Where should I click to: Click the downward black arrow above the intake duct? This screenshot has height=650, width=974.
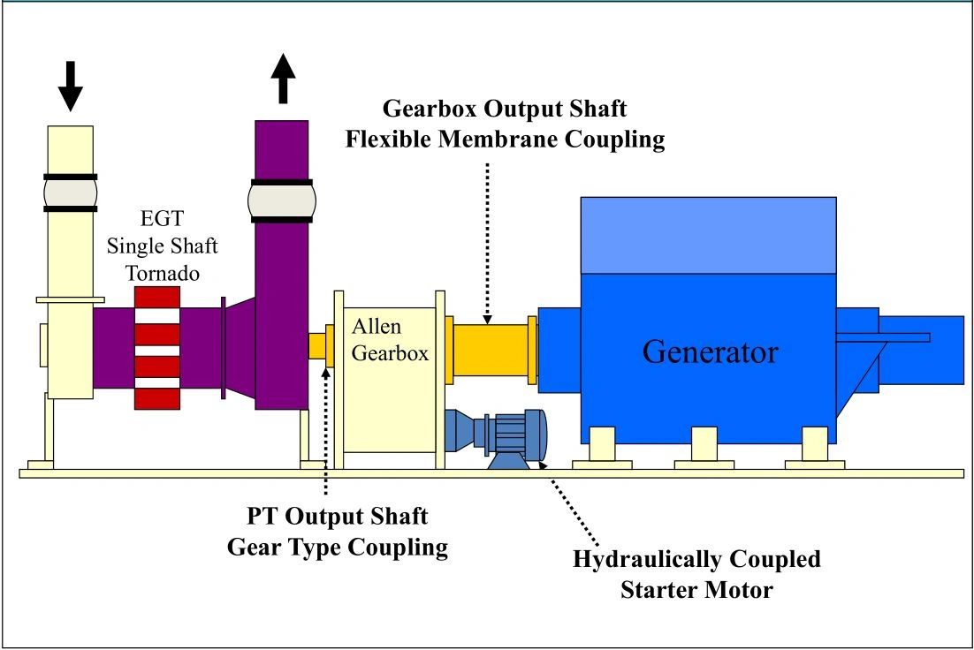pos(72,86)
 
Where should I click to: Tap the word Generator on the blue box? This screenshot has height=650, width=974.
pos(710,351)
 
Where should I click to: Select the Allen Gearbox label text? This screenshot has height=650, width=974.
pos(390,340)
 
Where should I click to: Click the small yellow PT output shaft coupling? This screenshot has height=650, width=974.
pos(317,345)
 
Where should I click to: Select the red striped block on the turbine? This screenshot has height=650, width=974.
pos(156,347)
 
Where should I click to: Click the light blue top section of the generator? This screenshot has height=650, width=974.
pos(708,234)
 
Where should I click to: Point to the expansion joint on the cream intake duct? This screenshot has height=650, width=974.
pos(71,193)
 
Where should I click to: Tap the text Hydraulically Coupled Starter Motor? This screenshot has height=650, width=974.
pos(696,574)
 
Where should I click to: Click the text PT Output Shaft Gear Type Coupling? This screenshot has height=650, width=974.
pos(338,532)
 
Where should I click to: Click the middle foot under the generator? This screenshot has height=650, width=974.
pos(704,445)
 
